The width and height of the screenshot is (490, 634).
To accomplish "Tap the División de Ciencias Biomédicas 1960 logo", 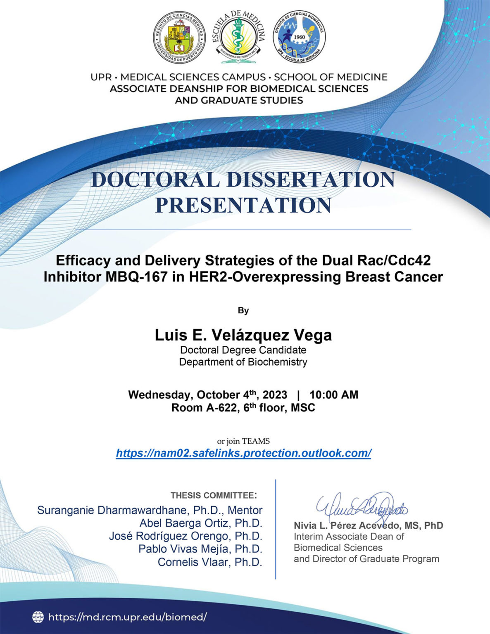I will [299, 38].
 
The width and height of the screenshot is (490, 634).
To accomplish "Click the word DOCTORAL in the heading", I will [155, 180].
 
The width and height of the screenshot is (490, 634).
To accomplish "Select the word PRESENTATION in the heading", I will [243, 205].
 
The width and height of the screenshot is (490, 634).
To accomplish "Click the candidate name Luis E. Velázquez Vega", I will [243, 335].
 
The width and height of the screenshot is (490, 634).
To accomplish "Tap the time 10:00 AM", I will [334, 395].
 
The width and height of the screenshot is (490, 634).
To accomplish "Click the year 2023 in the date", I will [275, 395].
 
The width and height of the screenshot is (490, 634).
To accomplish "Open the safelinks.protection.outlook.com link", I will [243, 453].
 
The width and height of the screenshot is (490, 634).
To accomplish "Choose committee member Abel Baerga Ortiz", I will [201, 523].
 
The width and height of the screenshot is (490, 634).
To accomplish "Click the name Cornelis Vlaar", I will [210, 562].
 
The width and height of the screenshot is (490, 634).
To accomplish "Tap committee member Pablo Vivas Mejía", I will [200, 549].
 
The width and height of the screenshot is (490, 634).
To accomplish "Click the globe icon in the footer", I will [38, 617].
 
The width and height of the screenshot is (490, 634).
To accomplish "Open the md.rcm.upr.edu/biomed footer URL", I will [127, 617].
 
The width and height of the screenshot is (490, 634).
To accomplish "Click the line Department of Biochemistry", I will [243, 362].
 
